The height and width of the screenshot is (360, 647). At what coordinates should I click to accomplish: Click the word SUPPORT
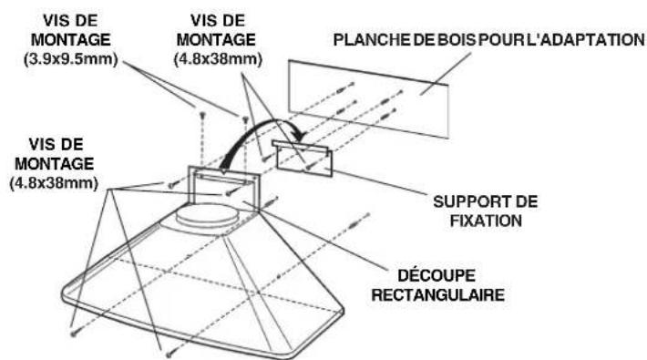point(466,200)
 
